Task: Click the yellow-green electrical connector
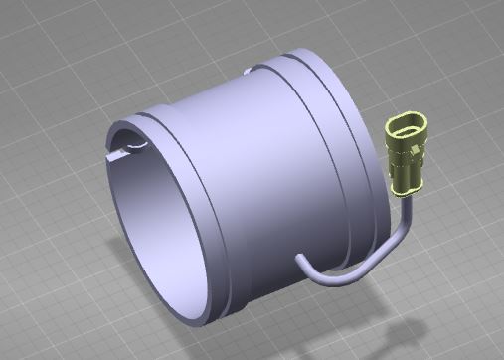click(408, 154)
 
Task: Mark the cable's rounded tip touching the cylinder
click(301, 260)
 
